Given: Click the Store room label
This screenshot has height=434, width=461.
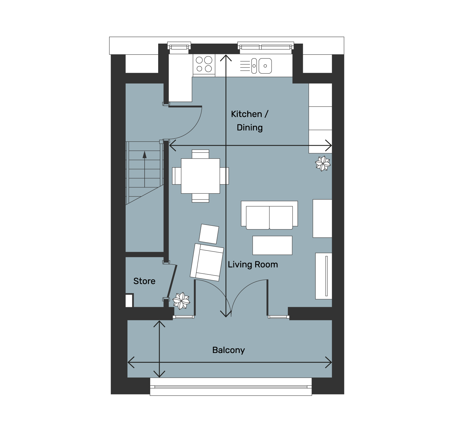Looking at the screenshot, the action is click(x=144, y=281).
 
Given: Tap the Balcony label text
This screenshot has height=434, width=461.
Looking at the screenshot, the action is click(x=229, y=350).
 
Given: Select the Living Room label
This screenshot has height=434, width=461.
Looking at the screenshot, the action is click(x=253, y=265).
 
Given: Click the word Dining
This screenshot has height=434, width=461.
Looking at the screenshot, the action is click(x=249, y=128).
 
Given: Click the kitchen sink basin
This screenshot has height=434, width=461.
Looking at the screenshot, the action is click(x=265, y=66).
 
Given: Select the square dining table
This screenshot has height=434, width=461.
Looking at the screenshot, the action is click(x=200, y=176).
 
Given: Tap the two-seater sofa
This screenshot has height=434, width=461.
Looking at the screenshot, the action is click(x=269, y=215).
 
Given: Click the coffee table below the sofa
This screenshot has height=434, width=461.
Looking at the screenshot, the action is click(x=272, y=245).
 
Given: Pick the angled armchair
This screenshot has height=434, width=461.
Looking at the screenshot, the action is click(x=207, y=262).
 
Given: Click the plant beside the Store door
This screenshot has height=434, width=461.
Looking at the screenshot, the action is click(x=181, y=301).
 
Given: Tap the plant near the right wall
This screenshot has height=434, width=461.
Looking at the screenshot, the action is click(x=323, y=164).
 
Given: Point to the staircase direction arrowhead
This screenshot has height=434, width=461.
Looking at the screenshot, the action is click(x=145, y=155).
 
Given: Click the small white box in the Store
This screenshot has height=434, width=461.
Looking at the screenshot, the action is click(x=129, y=301).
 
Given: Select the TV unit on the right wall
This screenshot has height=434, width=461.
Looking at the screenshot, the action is click(x=324, y=276).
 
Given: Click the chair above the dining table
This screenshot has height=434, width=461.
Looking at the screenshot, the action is click(x=200, y=154).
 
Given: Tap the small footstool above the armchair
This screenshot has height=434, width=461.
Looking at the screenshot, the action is click(x=209, y=234).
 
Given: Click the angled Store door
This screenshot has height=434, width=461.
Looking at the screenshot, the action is click(x=172, y=281).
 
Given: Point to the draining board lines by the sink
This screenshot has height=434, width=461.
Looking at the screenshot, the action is click(x=245, y=66).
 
